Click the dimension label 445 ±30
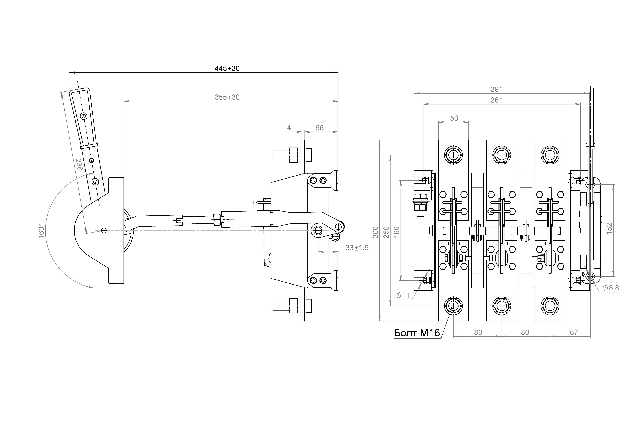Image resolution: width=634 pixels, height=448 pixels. [x=227, y=68]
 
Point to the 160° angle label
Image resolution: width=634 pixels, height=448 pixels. [x=41, y=231]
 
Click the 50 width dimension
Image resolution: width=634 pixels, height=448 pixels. [x=454, y=118]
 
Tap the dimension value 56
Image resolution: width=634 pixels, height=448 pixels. [x=319, y=128]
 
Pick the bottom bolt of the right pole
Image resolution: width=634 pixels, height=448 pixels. [x=550, y=306]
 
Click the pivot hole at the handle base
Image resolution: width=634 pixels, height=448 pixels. [x=104, y=230]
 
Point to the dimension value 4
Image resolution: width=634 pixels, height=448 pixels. [x=289, y=128]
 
